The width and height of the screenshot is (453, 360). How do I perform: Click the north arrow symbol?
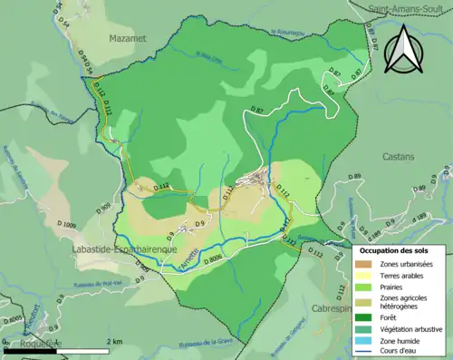tap(400, 49)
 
